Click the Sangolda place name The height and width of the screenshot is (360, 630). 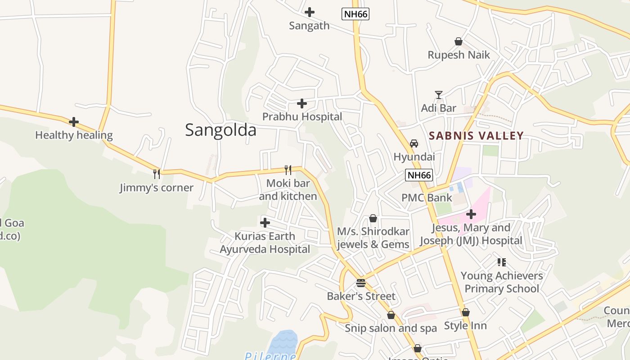click(220, 130)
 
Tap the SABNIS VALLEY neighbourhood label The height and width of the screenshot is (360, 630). click(476, 135)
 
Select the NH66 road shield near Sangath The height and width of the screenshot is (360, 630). click(355, 14)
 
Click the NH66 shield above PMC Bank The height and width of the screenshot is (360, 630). click(418, 175)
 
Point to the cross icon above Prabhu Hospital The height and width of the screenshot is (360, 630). click(302, 104)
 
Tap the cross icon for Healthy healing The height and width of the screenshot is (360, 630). click(74, 122)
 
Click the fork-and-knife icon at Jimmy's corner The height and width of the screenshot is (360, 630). click(156, 174)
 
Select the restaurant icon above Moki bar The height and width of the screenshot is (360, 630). click(288, 170)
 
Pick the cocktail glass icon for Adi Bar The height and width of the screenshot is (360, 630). click(439, 94)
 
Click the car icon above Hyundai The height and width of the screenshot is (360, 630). click(414, 143)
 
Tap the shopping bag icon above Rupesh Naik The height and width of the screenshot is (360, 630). click(459, 41)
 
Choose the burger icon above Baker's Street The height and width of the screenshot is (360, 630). click(361, 283)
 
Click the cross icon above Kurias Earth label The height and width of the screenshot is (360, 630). click(265, 222)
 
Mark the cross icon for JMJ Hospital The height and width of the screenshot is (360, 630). click(471, 214)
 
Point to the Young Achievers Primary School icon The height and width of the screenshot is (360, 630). click(502, 262)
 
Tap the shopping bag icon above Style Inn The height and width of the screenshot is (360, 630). click(466, 312)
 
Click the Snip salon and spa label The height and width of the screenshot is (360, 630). click(391, 328)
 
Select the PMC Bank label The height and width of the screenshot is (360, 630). click(427, 198)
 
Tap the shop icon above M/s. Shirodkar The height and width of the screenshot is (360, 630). click(373, 218)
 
